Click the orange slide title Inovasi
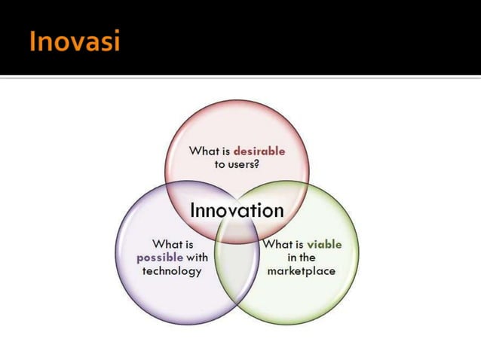75,41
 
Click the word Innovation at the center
237,210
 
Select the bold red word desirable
259,151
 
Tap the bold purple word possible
160,257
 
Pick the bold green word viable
324,244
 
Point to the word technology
172,270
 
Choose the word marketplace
302,270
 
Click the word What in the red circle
204,151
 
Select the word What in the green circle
277,244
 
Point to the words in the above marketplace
302,257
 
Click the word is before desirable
226,151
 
